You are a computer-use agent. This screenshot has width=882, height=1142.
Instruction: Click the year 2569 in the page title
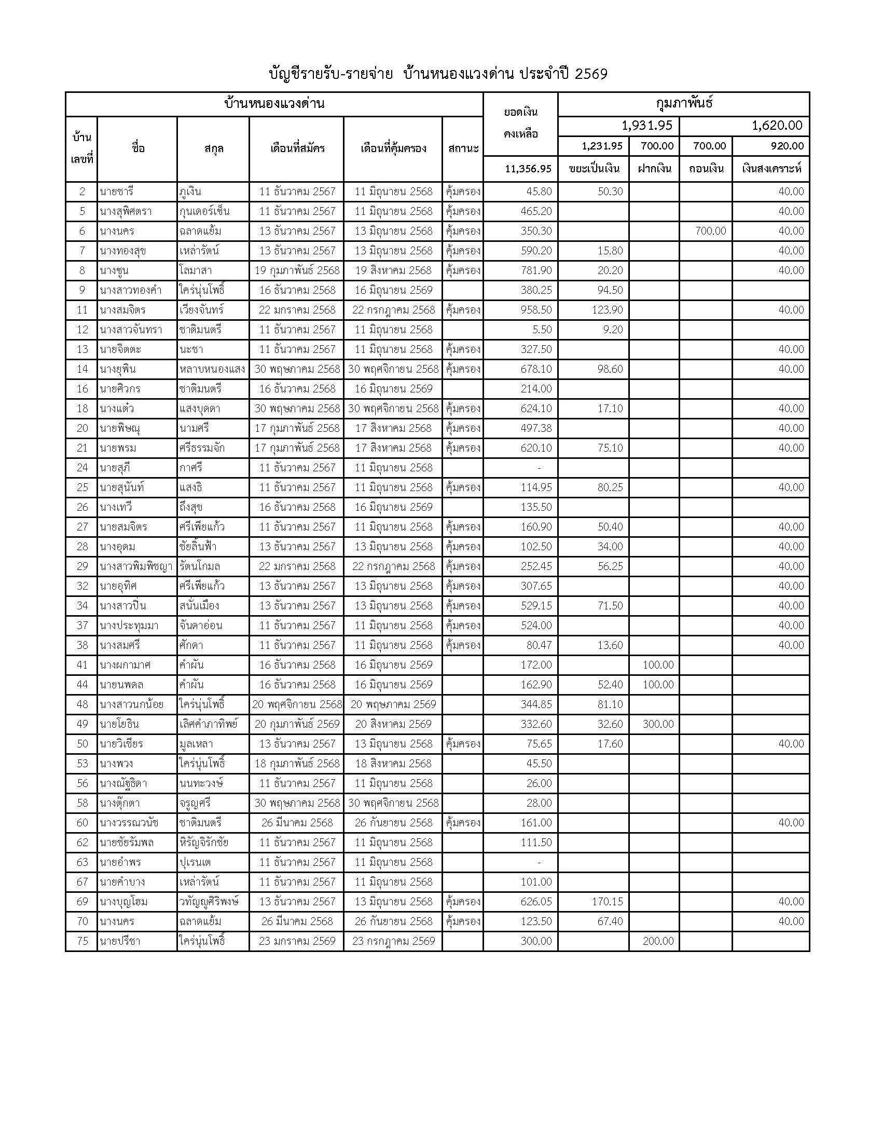coord(591,74)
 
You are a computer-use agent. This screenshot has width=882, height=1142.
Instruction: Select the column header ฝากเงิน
coord(654,169)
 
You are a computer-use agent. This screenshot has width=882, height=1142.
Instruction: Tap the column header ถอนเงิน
coord(706,169)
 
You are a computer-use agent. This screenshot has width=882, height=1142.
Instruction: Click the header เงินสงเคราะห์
coord(771,169)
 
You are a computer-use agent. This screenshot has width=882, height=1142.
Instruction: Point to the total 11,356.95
coord(528,169)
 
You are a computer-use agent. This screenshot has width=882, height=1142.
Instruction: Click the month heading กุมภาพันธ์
coord(684,103)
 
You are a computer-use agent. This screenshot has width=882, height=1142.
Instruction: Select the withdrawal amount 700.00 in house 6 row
coord(711,231)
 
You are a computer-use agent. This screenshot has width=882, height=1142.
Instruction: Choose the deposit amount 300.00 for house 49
coord(658,724)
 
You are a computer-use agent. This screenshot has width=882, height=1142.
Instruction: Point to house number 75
coord(82,941)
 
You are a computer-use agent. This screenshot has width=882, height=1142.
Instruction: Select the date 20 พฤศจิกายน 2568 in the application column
coord(297,704)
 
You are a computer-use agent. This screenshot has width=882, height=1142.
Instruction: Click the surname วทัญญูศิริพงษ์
coord(209,902)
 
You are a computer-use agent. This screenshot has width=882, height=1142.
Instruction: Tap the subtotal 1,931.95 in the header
coord(647,126)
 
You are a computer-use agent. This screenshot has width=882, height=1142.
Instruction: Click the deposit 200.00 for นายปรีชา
coord(658,941)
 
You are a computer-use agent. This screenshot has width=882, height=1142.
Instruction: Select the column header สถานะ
coord(463,148)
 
